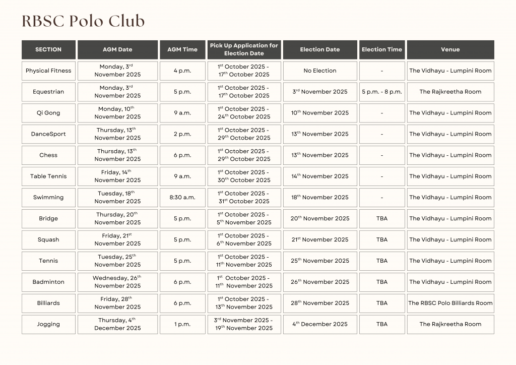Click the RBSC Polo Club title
point(83,21)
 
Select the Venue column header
point(450,49)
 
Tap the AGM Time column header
point(182,49)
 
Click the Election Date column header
point(319,49)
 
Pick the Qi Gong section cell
point(48,113)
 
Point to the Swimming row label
point(48,198)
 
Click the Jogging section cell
point(48,324)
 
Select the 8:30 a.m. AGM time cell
point(182,198)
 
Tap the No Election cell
point(319,71)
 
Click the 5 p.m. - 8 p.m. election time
point(381,92)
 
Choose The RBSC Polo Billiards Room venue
point(450,303)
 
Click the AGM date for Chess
point(117,155)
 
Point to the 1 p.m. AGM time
point(182,324)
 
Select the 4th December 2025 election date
point(319,324)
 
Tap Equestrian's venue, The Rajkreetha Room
point(450,92)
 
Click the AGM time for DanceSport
point(182,134)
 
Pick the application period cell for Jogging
point(244,324)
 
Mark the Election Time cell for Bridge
point(381,219)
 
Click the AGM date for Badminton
point(117,282)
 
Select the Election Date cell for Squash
point(319,240)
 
